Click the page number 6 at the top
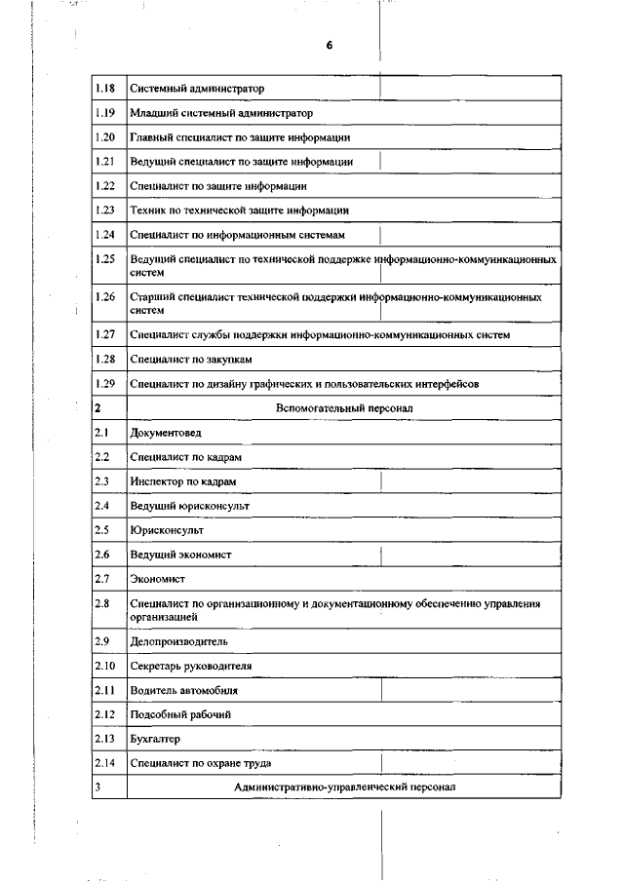pos(330,46)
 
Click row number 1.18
pos(106,89)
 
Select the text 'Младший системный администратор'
pos(214,113)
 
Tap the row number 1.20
pos(106,136)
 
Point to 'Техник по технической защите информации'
pos(240,210)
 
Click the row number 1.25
pos(106,259)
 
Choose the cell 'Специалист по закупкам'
pos(183,360)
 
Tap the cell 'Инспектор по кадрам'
pos(183,481)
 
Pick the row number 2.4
pos(101,506)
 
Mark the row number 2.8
pos(101,604)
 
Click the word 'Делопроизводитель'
pos(179,641)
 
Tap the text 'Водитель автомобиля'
pos(183,690)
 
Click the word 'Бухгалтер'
pos(156,739)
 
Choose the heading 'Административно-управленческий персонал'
pos(345,786)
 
